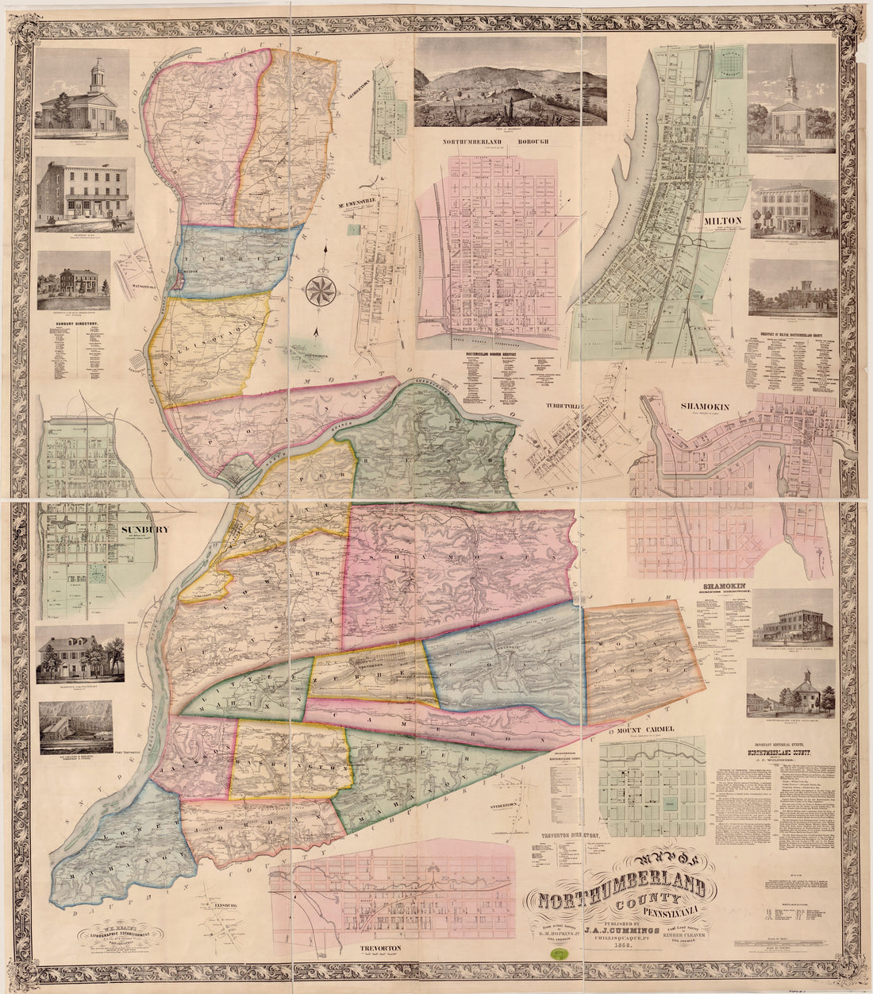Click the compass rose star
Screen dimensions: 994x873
(x=321, y=291)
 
